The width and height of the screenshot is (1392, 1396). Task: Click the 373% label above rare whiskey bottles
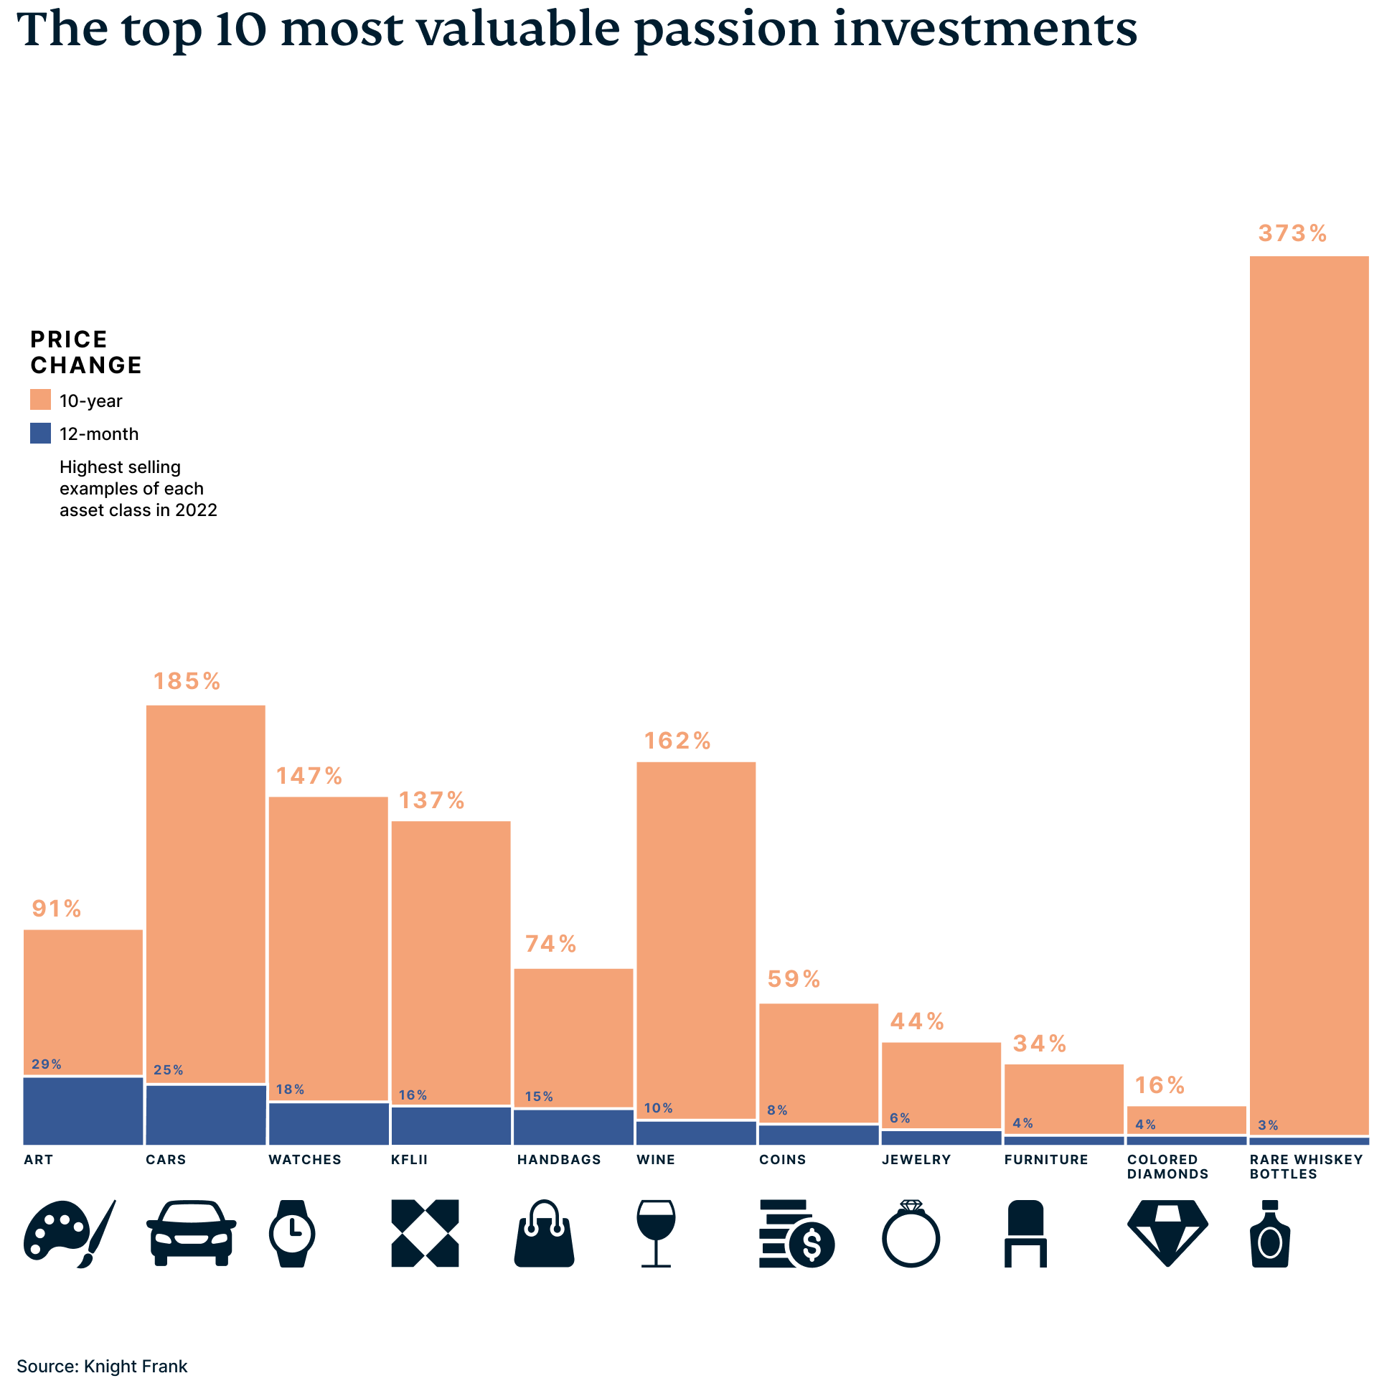pos(1292,233)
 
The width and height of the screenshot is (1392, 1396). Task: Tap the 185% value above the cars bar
pos(187,681)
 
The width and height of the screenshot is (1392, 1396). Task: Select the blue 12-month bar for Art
pos(83,1110)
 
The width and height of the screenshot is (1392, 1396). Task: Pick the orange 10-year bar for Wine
pos(695,940)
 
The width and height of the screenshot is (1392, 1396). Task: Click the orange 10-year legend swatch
pos(40,400)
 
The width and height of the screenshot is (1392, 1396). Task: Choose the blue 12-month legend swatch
pos(40,434)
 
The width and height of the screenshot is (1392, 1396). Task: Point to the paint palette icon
pos(69,1233)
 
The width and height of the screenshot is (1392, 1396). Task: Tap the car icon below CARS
pos(191,1233)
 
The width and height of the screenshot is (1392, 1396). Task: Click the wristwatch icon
pos(292,1233)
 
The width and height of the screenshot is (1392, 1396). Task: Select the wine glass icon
pos(656,1233)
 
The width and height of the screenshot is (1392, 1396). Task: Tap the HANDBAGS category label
pos(558,1160)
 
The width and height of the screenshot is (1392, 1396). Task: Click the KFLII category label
pos(409,1160)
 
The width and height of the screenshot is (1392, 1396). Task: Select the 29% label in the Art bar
pos(46,1064)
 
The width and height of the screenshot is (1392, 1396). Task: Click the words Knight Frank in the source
pos(136,1367)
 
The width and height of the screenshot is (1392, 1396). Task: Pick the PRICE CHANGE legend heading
pos(85,352)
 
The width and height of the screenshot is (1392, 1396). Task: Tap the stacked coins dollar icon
pos(796,1233)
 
